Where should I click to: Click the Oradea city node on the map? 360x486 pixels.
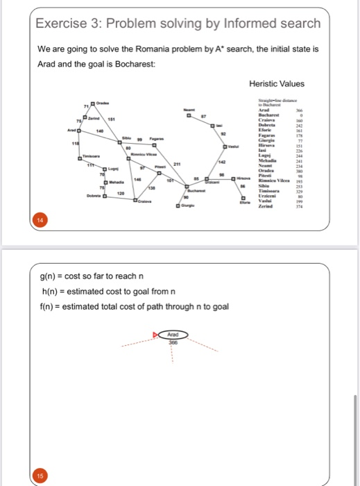point(92,103)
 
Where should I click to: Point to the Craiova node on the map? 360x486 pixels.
point(146,200)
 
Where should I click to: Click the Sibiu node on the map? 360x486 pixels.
point(119,138)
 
